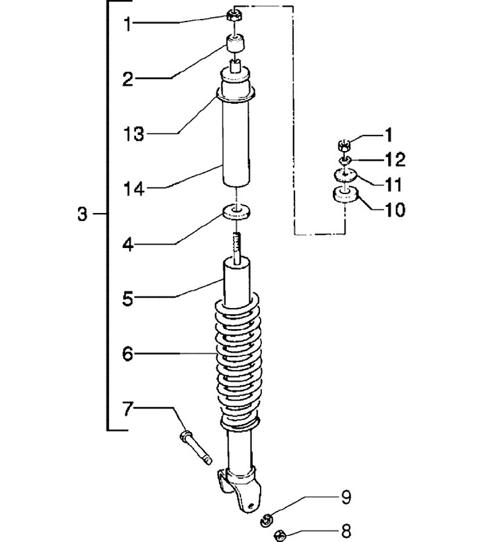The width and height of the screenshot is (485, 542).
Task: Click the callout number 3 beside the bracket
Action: tap(83, 214)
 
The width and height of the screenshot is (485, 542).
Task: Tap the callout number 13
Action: tap(133, 134)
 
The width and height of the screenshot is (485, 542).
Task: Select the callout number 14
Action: tap(133, 189)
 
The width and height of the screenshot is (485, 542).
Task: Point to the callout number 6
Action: tap(128, 354)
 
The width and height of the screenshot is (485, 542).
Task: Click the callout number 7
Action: tap(127, 409)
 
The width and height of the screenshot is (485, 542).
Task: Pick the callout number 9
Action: tap(346, 498)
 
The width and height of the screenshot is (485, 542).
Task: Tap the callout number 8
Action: tap(346, 531)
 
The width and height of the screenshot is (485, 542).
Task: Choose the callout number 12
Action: tap(395, 159)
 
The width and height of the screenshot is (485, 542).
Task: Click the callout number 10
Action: tap(395, 210)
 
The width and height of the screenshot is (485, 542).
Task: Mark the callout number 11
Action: tap(393, 184)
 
